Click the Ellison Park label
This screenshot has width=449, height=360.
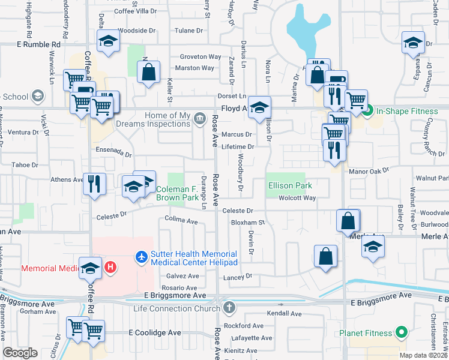290,186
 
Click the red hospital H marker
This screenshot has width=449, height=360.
110,267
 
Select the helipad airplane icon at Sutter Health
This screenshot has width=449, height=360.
142,257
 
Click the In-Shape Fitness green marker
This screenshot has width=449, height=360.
370,110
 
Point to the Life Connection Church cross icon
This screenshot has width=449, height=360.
228,308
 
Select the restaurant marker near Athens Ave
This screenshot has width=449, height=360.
94,182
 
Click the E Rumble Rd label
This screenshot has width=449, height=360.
40,44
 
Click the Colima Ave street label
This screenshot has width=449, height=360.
181,221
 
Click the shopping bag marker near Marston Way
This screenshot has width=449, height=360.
148,73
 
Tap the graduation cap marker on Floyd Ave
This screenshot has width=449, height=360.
259,107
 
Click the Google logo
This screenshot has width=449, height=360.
20,353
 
